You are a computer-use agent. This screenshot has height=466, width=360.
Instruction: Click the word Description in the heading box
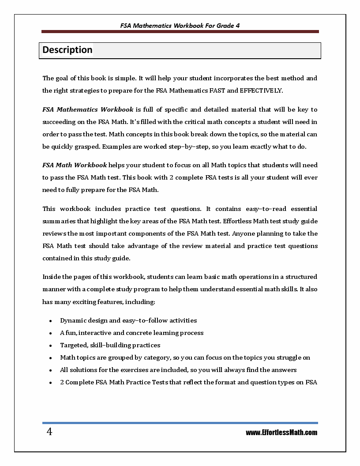click(67, 50)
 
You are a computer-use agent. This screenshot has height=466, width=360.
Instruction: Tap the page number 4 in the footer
click(49, 432)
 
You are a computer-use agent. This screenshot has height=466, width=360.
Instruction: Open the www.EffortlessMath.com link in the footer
click(281, 432)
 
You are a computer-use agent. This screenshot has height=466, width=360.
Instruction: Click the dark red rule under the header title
click(180, 32)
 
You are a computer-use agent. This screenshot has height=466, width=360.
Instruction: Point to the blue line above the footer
click(180, 423)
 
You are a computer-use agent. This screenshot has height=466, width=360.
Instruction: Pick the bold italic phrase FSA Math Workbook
click(75, 165)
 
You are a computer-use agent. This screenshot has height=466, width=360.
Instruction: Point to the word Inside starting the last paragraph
click(52, 277)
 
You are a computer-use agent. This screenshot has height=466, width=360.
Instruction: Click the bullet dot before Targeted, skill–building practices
click(51, 346)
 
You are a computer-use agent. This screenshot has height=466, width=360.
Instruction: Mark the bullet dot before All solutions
click(51, 370)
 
